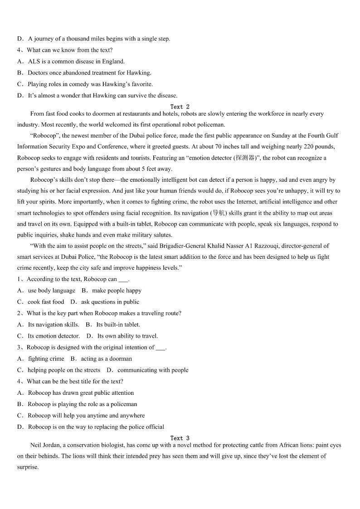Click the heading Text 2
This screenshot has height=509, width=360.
click(x=180, y=107)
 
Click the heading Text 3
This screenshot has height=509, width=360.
click(x=180, y=438)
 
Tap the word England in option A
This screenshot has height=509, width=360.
click(x=112, y=61)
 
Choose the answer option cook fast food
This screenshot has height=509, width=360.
click(x=46, y=302)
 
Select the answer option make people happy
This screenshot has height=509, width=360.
click(x=117, y=291)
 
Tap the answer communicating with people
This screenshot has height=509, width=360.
click(x=153, y=370)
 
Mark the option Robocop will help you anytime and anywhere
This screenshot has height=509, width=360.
click(x=86, y=415)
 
